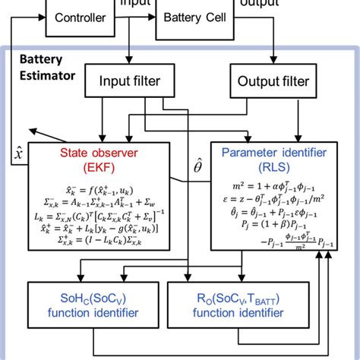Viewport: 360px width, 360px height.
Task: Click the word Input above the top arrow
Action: coord(134,3)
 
